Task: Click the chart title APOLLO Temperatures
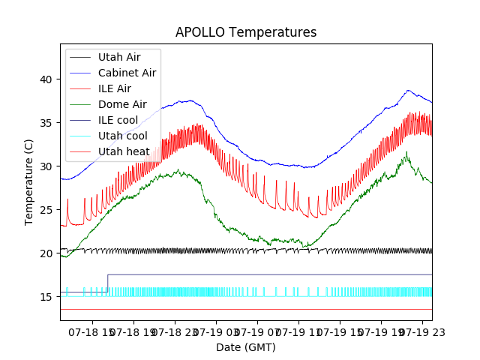246,33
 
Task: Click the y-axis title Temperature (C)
29,181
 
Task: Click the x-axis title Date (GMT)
246,347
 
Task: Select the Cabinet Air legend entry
127,73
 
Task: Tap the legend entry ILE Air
114,88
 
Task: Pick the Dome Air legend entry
122,104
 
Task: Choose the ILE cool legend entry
117,120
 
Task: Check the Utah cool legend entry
122,136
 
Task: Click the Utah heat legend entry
123,151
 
